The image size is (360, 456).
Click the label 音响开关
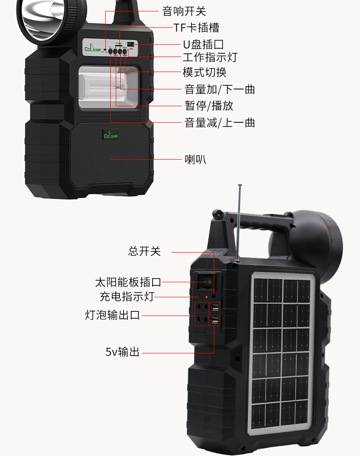click(x=184, y=11)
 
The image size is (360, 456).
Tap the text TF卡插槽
click(x=196, y=27)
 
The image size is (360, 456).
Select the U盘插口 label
click(x=203, y=44)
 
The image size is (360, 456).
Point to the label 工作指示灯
click(x=210, y=57)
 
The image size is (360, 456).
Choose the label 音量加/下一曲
click(x=219, y=88)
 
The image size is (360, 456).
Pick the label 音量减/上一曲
click(x=219, y=123)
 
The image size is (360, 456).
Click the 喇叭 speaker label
click(x=195, y=159)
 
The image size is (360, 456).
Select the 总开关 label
click(x=144, y=251)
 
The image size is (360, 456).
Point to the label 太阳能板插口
click(x=128, y=282)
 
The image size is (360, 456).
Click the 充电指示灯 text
click(x=127, y=297)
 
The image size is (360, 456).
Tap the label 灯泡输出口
click(x=112, y=315)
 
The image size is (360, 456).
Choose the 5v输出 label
click(x=123, y=352)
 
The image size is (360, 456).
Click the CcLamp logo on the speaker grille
click(x=111, y=135)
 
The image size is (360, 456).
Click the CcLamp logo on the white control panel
click(x=93, y=48)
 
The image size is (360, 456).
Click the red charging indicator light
click(x=206, y=297)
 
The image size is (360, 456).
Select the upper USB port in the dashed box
click(x=214, y=312)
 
